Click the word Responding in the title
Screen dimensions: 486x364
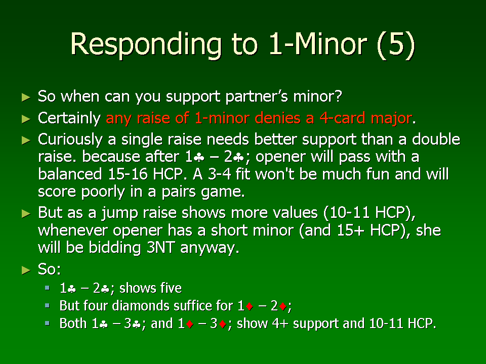(146, 45)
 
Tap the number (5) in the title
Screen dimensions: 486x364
(395, 44)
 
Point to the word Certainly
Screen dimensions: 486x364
(69, 118)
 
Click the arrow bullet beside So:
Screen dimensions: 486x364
(26, 270)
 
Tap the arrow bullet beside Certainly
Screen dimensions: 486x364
(26, 119)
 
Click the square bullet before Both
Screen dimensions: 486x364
(47, 323)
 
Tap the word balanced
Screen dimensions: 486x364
(70, 174)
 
